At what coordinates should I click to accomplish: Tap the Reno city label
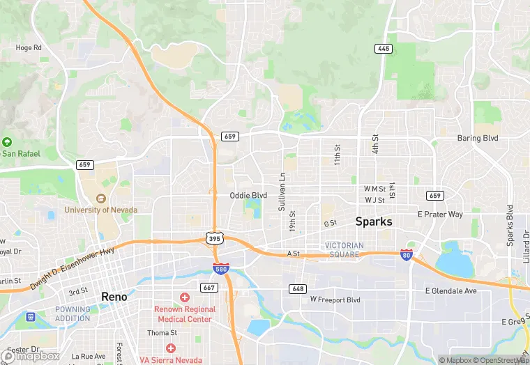114,296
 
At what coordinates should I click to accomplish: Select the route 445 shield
382,48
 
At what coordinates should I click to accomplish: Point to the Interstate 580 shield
221,269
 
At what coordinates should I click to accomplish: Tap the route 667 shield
208,286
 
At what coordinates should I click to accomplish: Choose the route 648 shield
298,288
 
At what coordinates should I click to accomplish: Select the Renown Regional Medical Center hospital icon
185,298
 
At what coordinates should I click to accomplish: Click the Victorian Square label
344,250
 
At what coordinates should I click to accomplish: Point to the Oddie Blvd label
248,196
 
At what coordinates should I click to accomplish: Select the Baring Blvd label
478,139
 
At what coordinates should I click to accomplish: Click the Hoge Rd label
29,47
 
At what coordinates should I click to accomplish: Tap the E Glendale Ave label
451,290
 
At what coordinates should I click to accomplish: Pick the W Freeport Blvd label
335,300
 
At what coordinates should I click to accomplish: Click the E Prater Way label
439,215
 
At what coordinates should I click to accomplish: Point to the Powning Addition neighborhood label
73,314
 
